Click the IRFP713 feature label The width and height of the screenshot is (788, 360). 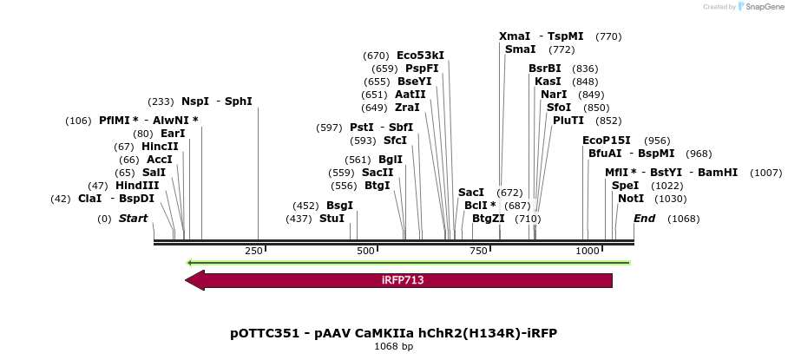pos(403,280)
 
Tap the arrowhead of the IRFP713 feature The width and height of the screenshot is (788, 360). pos(194,280)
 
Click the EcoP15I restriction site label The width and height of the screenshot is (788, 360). pos(607,141)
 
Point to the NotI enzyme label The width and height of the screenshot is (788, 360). pos(632,199)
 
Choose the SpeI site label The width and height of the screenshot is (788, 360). pos(625,186)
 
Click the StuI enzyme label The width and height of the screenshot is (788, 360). pos(332,219)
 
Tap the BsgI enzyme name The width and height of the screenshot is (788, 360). pos(339,206)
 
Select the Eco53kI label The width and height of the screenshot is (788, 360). pos(420,56)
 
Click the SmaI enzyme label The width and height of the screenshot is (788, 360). pos(520,49)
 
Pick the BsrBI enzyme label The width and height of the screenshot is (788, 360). pos(545,69)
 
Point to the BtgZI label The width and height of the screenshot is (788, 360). pos(489,219)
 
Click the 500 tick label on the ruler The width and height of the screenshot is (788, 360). pos(365,251)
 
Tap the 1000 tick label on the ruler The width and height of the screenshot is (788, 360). pos(588,251)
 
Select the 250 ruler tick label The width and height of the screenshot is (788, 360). pos(253,251)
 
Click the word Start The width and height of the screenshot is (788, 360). pos(134,219)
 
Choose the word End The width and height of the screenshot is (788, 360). pos(644,219)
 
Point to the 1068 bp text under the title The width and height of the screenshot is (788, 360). pos(393,346)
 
